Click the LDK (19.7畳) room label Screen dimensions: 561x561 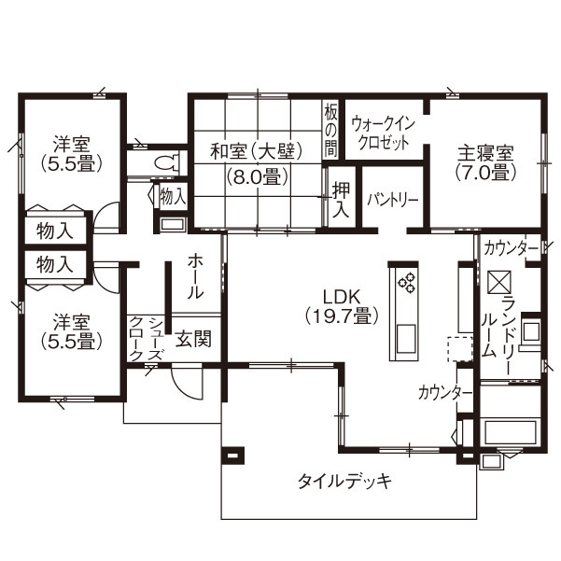tap(342, 306)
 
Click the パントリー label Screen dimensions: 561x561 tap(392, 200)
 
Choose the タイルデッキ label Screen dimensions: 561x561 tap(343, 482)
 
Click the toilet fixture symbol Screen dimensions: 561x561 tap(167, 161)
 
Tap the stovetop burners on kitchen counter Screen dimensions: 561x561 tap(408, 282)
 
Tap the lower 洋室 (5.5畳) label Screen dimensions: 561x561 tap(71, 330)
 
